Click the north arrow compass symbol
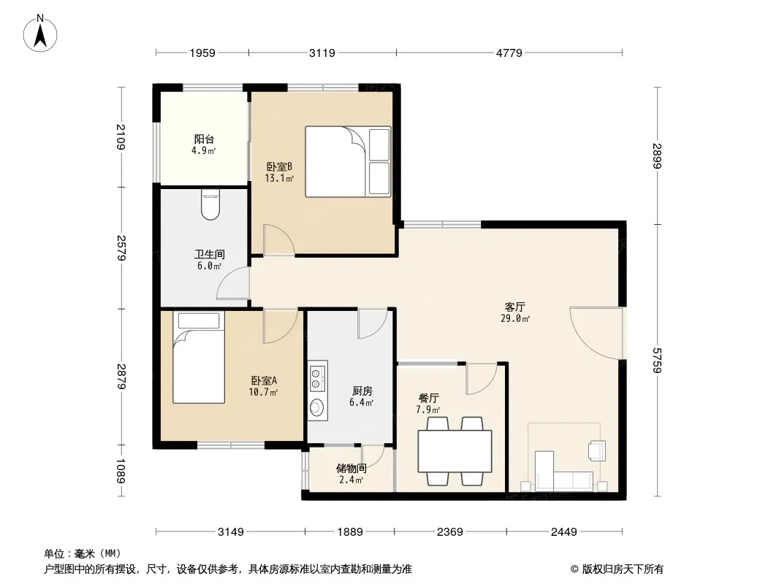point(40,34)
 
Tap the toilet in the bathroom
point(210,204)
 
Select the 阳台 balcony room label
point(204,139)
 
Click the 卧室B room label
point(279,166)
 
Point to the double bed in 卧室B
point(348,161)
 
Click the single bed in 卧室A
point(199,357)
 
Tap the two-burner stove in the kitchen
point(317,377)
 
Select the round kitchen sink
point(316,408)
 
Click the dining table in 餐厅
point(455,451)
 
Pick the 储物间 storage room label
point(351,469)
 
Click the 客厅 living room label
point(514,307)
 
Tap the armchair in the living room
point(597,450)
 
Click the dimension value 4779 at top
point(509,53)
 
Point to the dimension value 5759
point(657,360)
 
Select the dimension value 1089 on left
point(121,471)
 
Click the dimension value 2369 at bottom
point(450,532)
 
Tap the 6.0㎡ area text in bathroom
point(209,266)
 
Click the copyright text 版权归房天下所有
point(623,569)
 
